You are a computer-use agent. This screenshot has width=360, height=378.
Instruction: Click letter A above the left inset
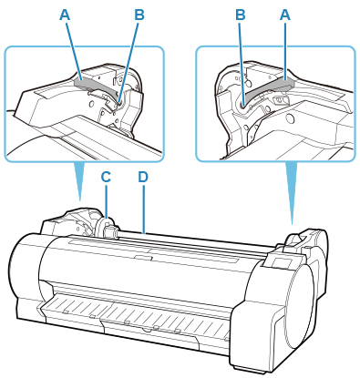click(x=65, y=15)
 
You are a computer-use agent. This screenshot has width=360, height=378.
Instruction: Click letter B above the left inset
click(x=139, y=15)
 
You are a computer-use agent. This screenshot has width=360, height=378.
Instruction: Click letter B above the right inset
click(x=241, y=15)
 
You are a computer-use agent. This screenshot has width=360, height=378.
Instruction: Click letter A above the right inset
click(x=284, y=15)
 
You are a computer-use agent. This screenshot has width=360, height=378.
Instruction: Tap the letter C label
click(x=106, y=178)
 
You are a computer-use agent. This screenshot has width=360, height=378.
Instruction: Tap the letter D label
click(x=143, y=178)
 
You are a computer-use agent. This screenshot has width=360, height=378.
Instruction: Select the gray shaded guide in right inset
click(x=267, y=89)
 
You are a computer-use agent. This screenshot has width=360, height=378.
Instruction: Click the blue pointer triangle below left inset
click(x=79, y=179)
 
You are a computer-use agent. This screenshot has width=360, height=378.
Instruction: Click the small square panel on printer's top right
click(x=279, y=262)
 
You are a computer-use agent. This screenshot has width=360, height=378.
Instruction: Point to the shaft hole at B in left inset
click(x=119, y=103)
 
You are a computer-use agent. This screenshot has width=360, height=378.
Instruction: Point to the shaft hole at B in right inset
click(x=243, y=105)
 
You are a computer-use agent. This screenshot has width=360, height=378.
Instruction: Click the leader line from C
click(x=107, y=201)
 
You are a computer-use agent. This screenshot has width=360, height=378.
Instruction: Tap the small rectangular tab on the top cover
click(x=143, y=258)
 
